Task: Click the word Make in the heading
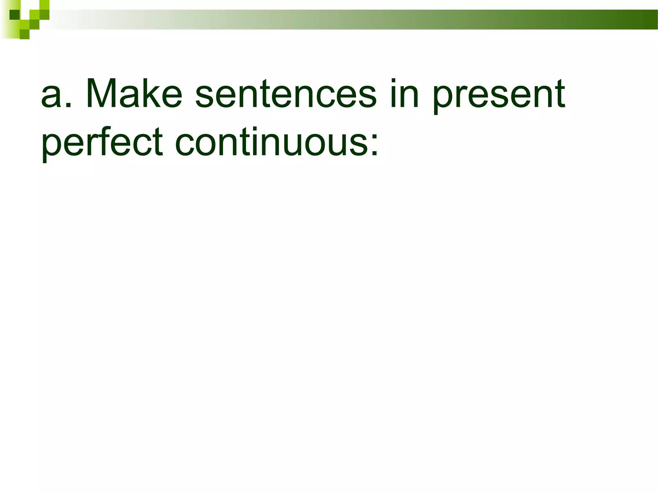tap(134, 94)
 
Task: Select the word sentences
tap(286, 94)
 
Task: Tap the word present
tap(498, 96)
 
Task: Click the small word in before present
tap(404, 94)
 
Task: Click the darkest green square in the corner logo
tap(14, 15)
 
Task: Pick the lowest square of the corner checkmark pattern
tap(24, 34)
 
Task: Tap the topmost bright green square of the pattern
tap(44, 4)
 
